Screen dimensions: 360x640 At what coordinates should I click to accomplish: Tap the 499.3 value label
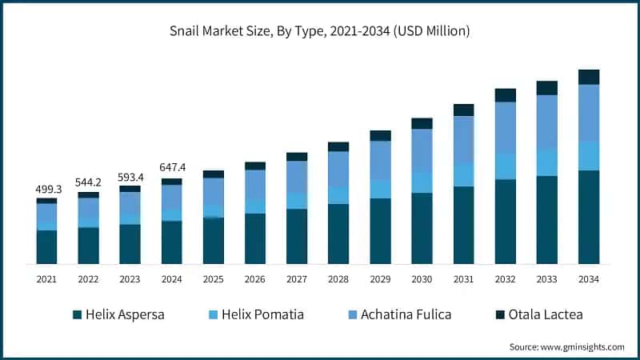(x=47, y=190)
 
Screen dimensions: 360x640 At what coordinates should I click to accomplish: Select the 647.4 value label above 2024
(x=172, y=168)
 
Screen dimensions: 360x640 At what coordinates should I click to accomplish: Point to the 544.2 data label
(x=89, y=182)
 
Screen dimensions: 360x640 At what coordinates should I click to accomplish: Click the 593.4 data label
(x=130, y=177)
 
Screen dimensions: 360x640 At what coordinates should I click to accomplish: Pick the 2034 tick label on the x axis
(x=589, y=279)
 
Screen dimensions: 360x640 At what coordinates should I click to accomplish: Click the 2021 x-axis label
(x=47, y=279)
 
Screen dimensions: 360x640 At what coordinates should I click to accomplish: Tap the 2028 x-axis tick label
(x=338, y=279)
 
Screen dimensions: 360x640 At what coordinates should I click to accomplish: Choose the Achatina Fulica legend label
(x=405, y=314)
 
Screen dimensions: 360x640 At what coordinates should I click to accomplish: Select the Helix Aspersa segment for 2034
(x=589, y=217)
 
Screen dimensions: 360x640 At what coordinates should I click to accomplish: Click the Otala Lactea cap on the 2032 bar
(x=506, y=95)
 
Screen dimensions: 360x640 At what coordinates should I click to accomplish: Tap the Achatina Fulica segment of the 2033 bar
(x=547, y=122)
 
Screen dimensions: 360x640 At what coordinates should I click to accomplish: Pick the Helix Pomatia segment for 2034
(x=589, y=155)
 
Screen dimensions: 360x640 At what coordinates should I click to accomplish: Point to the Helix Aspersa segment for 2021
(x=47, y=247)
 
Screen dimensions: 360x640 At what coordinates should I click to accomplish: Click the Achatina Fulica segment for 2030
(x=422, y=150)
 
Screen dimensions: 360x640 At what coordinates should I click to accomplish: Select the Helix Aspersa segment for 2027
(x=297, y=236)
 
